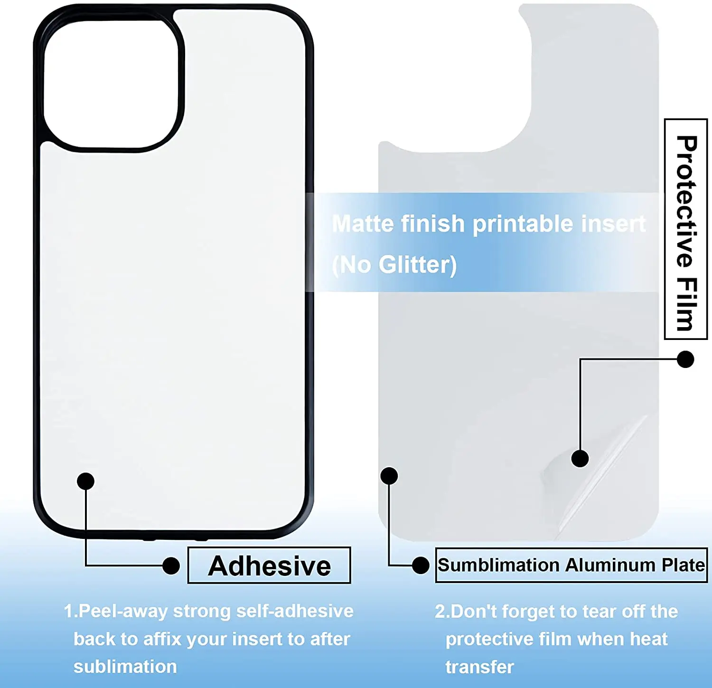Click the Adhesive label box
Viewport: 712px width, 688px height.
269,565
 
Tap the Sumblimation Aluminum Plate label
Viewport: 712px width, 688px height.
571,565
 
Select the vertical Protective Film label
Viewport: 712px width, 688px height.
686,229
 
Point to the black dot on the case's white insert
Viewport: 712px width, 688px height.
85,481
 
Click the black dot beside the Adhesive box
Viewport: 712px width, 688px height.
171,565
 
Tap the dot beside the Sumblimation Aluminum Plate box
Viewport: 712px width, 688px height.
421,565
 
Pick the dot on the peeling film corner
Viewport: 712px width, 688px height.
580,458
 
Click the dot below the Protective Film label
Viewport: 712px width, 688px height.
685,359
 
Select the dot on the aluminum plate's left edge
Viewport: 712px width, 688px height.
389,476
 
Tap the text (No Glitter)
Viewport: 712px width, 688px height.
394,264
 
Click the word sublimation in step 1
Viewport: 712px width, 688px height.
125,667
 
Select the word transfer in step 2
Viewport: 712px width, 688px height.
479,667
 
